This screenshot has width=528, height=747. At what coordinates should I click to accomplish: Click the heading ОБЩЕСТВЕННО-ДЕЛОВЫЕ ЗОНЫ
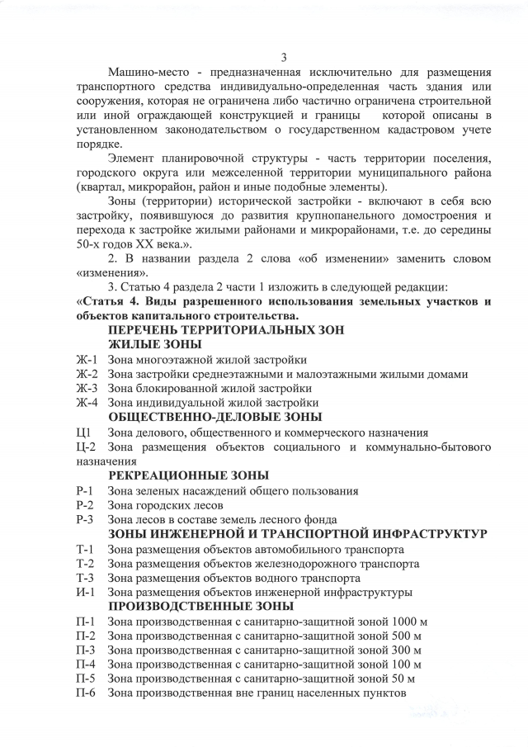coord(214,417)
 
